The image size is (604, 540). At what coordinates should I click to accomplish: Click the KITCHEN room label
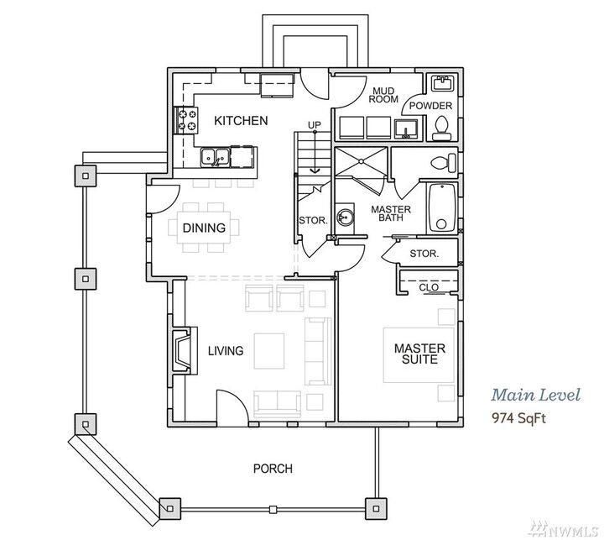click(241, 121)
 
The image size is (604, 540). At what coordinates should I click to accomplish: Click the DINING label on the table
click(204, 228)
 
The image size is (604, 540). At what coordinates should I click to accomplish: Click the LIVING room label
click(226, 351)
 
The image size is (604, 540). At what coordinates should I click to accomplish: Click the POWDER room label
click(432, 106)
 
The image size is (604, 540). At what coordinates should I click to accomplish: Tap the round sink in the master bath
click(346, 218)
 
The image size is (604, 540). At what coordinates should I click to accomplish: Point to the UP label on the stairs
click(315, 125)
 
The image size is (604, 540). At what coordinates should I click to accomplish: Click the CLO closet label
click(428, 287)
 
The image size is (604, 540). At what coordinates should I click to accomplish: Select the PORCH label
click(273, 469)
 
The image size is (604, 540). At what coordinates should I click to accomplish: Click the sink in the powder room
click(441, 83)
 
